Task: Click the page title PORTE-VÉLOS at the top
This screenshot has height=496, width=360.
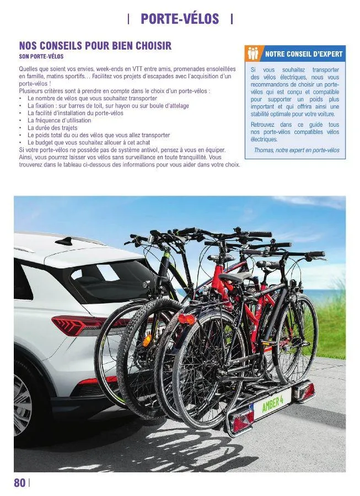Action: [180, 19]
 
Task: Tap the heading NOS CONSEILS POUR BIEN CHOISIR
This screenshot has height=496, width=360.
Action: [95, 45]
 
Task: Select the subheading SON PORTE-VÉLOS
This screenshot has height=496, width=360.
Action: [41, 57]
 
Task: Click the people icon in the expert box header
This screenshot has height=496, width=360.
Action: [253, 53]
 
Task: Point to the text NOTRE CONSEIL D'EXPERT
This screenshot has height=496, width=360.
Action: [304, 54]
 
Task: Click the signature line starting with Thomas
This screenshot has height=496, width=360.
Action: [297, 150]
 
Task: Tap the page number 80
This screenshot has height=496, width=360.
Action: [19, 483]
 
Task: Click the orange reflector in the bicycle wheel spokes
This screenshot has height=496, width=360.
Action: [147, 340]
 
